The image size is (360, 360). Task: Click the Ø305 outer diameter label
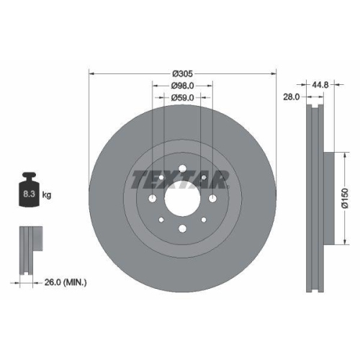(182, 73)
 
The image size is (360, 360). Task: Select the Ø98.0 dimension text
(182, 85)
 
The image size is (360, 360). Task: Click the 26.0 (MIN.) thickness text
(64, 283)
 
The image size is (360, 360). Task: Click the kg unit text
(47, 194)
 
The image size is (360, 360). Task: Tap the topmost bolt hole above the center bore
(182, 169)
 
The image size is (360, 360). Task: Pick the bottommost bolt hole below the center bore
(182, 229)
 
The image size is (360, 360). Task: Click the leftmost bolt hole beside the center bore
(153, 201)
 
